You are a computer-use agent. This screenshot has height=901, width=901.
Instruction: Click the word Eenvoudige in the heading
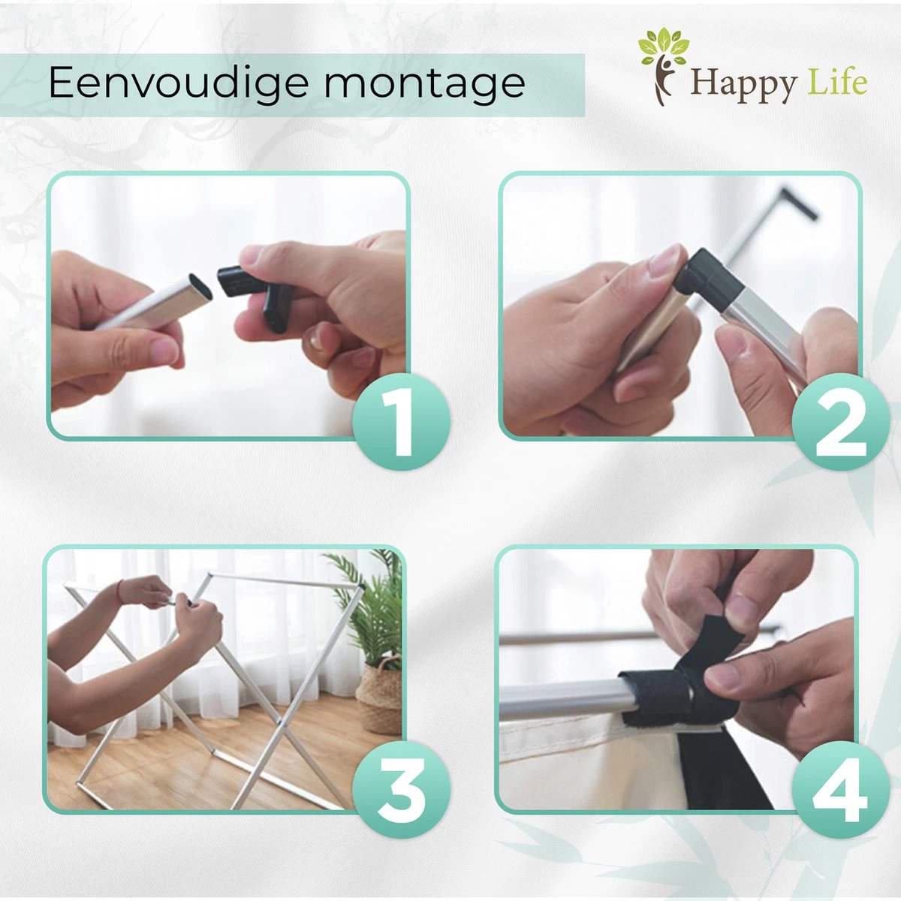pyautogui.click(x=179, y=83)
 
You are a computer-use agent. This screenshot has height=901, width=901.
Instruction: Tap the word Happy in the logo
pyautogui.click(x=743, y=84)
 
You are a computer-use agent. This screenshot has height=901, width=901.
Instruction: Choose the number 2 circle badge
pyautogui.click(x=841, y=421)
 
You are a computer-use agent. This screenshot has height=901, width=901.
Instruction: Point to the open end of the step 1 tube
pyautogui.click(x=200, y=286)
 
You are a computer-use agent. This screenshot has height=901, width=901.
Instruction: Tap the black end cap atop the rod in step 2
pyautogui.click(x=799, y=203)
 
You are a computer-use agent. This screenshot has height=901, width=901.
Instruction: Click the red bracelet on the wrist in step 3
pyautogui.click(x=120, y=591)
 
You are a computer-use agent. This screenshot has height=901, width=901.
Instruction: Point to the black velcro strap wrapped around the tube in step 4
pyautogui.click(x=678, y=683)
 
